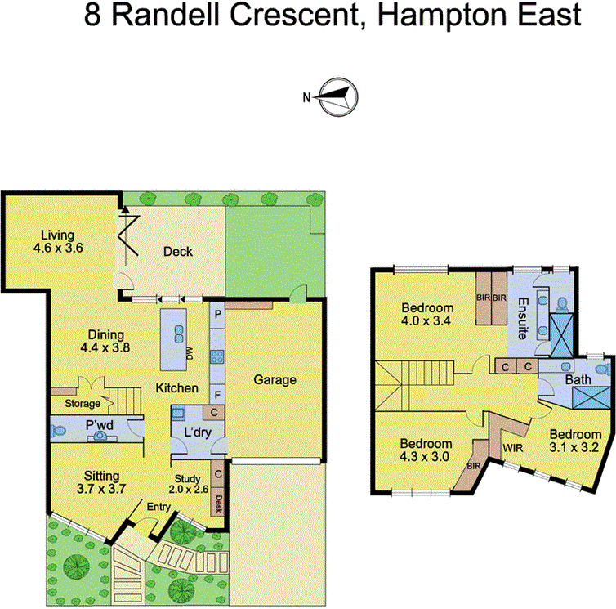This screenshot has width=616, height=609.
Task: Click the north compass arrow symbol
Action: click(x=336, y=97)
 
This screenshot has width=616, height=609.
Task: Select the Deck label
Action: click(x=176, y=251)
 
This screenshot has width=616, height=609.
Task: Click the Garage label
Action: click(x=274, y=379)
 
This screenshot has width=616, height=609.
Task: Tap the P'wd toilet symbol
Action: click(x=100, y=436)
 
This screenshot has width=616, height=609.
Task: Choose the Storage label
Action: click(x=83, y=404)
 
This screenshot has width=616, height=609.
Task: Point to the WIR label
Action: click(x=513, y=448)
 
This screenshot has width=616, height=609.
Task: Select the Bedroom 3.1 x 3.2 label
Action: click(x=579, y=441)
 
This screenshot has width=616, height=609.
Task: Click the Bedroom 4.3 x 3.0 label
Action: click(x=425, y=450)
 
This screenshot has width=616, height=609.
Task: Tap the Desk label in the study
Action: click(x=218, y=501)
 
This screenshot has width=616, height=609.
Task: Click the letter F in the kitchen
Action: click(x=217, y=392)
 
